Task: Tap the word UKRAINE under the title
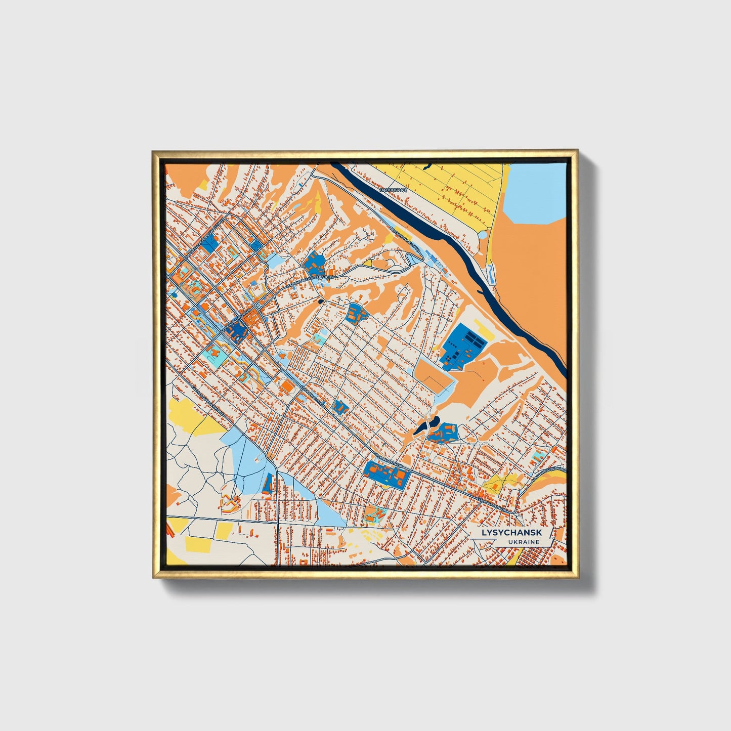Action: (x=525, y=542)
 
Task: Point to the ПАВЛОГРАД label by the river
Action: (x=393, y=190)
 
